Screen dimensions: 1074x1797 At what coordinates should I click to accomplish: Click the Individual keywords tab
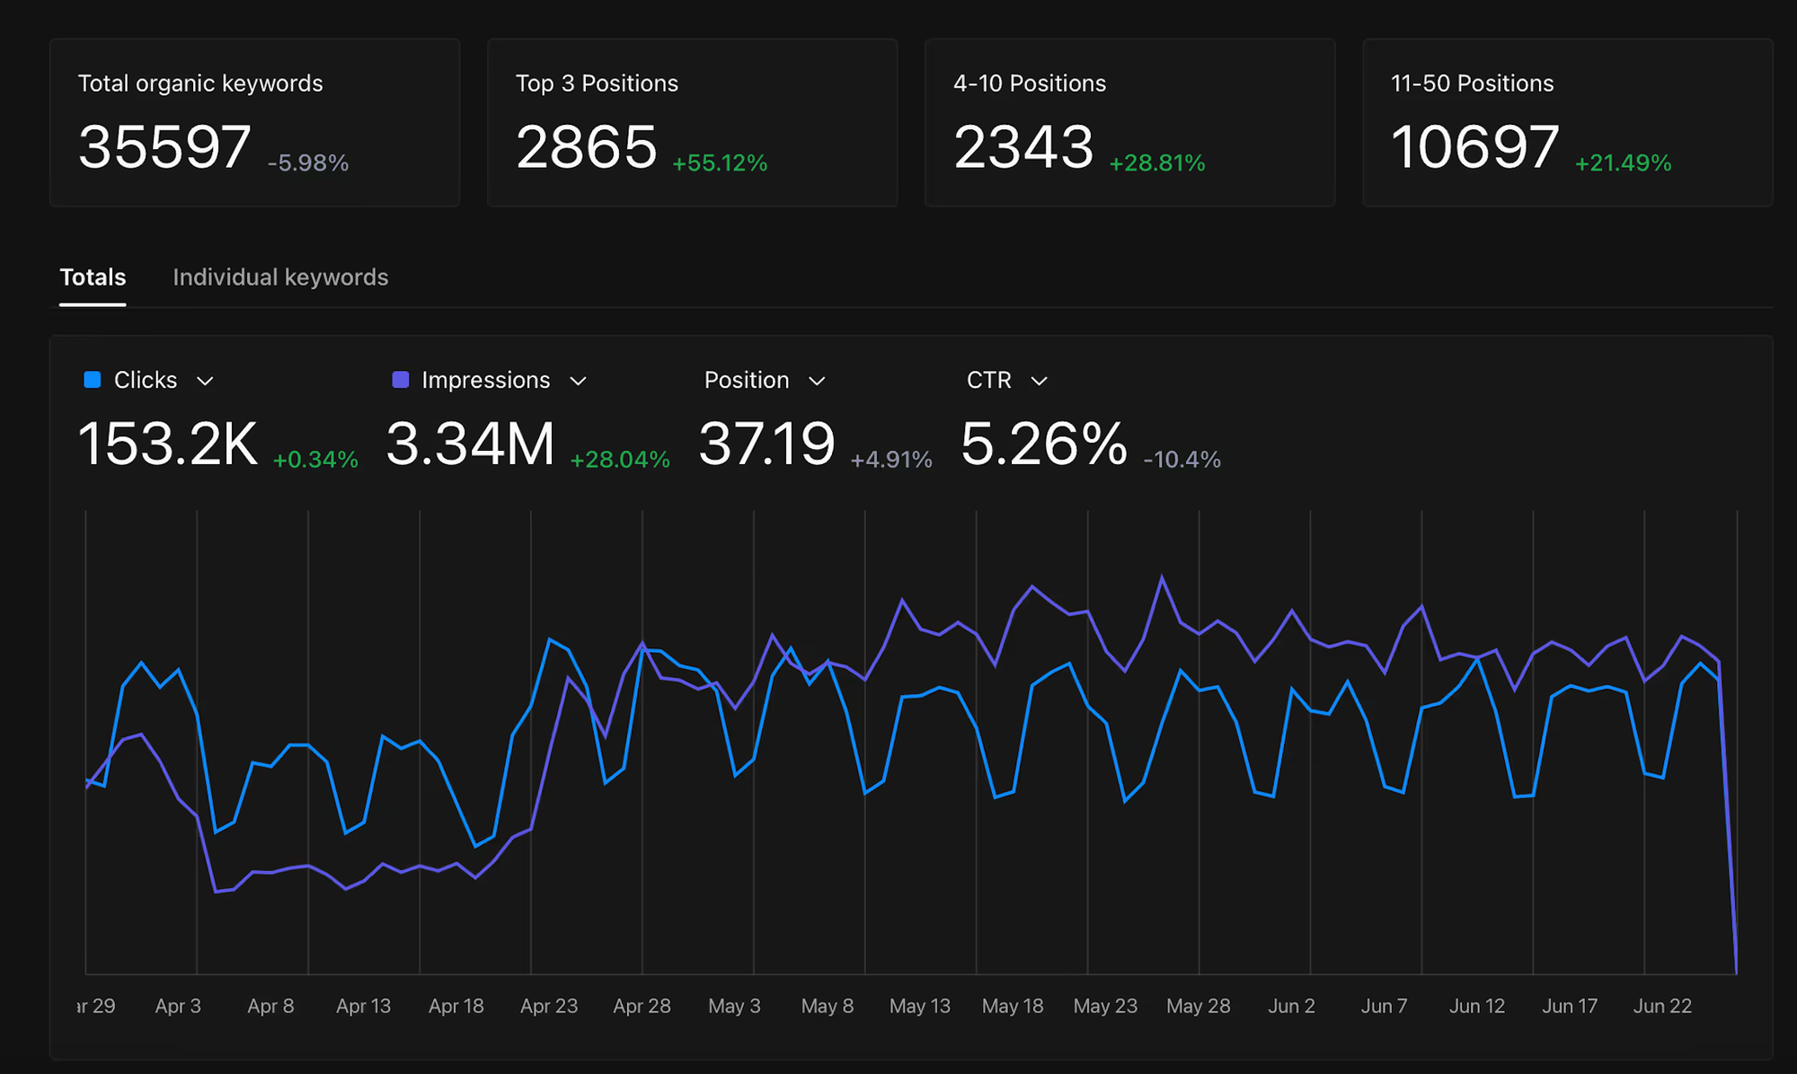coord(280,277)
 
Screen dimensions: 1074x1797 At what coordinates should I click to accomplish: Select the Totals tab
coord(93,277)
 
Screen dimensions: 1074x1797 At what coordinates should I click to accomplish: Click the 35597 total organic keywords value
coord(164,147)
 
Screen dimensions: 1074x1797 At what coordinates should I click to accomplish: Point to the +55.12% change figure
coord(720,163)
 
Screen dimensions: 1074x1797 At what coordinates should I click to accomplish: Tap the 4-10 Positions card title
coord(1030,84)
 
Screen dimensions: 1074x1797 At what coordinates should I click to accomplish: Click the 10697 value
coord(1474,147)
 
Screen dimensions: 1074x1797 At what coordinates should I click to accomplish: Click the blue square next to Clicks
coord(93,380)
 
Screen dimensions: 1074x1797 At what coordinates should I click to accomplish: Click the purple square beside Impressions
coord(401,380)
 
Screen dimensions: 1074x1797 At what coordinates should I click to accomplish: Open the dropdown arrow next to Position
coord(817,381)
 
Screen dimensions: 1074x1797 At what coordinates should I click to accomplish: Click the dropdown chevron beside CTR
coord(1040,381)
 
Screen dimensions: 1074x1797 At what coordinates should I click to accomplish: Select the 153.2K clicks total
coord(168,444)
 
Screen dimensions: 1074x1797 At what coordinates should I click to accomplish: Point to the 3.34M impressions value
coord(471,444)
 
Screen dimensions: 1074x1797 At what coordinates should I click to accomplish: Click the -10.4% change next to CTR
coord(1182,460)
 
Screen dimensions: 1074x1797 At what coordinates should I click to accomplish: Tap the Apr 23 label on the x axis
coord(549,1006)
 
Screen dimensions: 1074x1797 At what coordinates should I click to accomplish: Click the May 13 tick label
coord(920,1006)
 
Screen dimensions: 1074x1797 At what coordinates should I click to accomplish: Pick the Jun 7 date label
coord(1384,1006)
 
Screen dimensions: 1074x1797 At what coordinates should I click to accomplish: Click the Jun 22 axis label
coord(1662,1006)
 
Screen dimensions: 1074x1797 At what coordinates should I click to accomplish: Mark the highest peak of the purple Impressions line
coord(1163,577)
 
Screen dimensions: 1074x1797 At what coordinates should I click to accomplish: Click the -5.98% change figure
coord(308,163)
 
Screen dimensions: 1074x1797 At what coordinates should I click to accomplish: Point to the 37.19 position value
coord(766,444)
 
